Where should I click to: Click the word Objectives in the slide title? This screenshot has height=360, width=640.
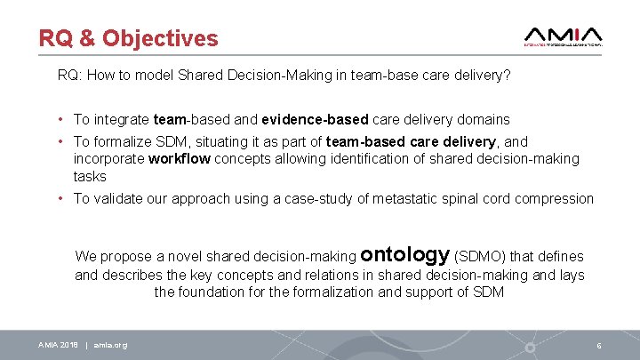[160, 38]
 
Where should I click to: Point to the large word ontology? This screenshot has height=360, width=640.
[407, 254]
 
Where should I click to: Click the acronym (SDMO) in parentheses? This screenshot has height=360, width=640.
[485, 256]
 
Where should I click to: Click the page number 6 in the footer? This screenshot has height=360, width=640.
[600, 345]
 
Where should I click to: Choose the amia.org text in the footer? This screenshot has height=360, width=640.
[110, 345]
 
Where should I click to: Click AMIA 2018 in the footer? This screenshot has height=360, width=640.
[57, 345]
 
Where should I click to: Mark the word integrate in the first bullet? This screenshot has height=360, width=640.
[121, 119]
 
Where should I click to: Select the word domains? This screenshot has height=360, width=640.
[482, 119]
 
